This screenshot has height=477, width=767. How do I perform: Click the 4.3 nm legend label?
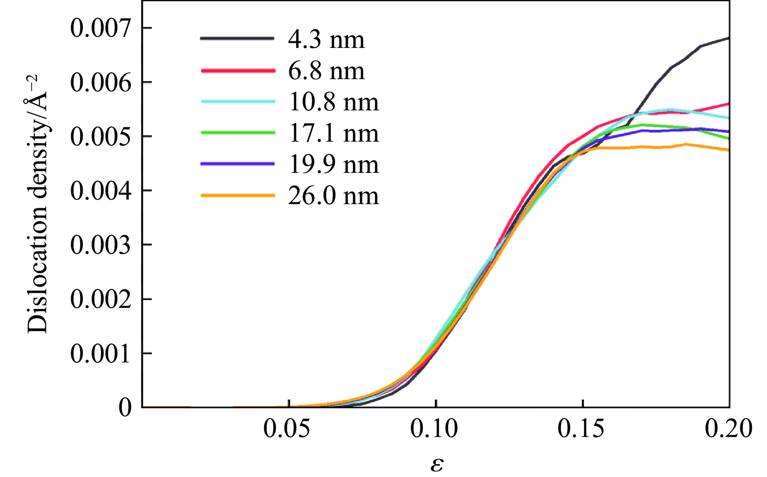[x=326, y=40]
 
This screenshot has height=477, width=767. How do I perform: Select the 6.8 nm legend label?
[x=326, y=71]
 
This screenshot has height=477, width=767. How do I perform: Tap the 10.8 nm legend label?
[x=333, y=102]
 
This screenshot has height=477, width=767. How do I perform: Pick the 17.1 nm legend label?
[x=333, y=134]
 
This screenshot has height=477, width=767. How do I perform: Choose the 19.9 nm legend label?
[x=333, y=165]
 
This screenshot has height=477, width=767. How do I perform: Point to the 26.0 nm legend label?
[x=333, y=196]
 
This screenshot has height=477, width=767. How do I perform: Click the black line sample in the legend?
[x=238, y=38]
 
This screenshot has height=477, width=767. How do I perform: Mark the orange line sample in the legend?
[x=238, y=195]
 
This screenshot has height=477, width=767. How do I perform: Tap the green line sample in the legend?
[x=238, y=132]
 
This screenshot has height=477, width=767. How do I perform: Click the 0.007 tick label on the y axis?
[x=100, y=28]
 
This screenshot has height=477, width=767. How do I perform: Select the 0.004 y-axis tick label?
[x=100, y=191]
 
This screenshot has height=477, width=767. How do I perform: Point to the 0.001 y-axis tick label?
[x=100, y=354]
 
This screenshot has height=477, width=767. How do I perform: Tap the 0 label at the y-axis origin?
[x=125, y=407]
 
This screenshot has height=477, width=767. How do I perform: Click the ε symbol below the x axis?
[x=437, y=464]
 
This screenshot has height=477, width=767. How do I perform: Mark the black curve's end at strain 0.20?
[x=728, y=38]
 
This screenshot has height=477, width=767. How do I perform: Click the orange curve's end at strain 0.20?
[x=728, y=150]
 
